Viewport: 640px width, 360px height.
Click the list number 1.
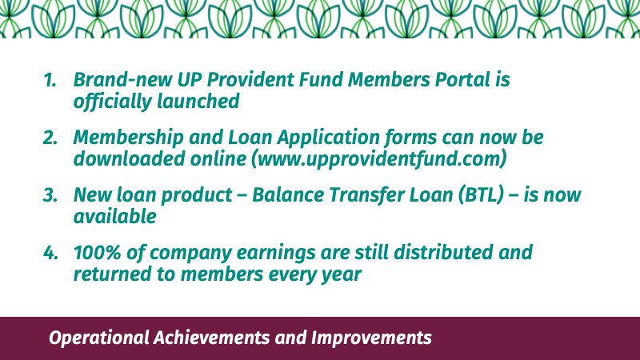pos(50,79)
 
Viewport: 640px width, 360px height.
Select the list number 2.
pos(50,138)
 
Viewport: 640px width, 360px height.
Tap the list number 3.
pos(50,195)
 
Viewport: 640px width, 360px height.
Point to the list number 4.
pos(50,253)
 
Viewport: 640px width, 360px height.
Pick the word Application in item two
pos(329,137)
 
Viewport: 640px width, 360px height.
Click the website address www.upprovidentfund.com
pos(378,158)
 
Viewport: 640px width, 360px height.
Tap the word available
pos(114,216)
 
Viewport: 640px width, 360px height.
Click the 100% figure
pos(97,252)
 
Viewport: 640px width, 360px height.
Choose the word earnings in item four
pos(276,253)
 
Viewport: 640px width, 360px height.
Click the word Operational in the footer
pos(98,338)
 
